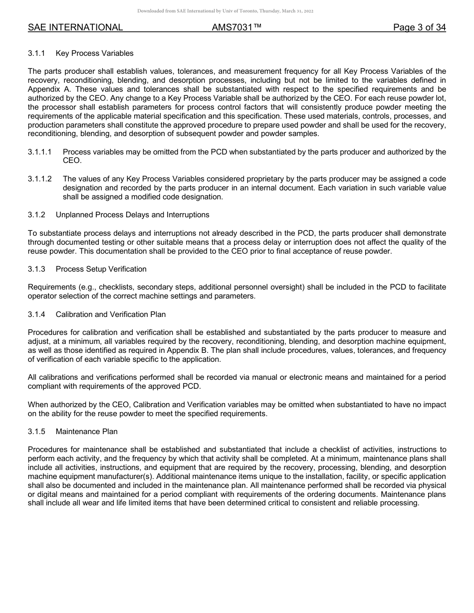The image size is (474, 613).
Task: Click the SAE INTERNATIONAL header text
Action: tap(75, 27)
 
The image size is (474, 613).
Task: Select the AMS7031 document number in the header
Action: tap(237, 27)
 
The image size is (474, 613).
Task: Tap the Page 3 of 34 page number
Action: tap(419, 27)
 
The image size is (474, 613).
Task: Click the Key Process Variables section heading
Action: tap(94, 53)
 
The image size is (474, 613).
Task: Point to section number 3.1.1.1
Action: tap(40, 152)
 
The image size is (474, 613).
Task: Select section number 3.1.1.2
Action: tap(40, 179)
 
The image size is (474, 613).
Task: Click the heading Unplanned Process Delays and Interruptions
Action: tap(132, 215)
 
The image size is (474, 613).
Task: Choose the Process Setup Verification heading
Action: tap(101, 269)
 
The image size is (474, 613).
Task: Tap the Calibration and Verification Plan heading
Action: tap(110, 314)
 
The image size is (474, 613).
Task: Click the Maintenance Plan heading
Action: tap(86, 431)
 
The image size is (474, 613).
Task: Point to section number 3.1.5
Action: tap(36, 431)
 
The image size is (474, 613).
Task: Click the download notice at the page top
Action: tap(225, 11)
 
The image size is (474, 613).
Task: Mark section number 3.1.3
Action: tap(36, 269)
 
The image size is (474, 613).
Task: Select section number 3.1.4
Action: tap(36, 314)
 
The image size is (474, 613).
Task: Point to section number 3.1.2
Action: tap(36, 215)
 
